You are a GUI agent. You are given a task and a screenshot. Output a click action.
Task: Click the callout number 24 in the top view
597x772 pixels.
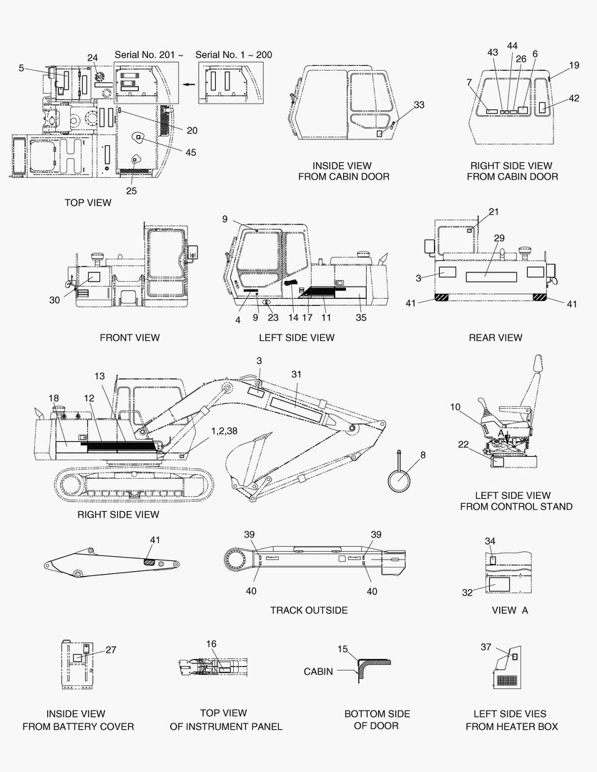93,58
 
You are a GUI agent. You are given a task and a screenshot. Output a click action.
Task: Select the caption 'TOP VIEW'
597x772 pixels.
88,202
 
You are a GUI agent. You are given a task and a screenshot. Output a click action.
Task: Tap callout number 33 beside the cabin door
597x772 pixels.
419,105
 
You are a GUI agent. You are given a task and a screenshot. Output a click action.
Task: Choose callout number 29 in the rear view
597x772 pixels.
499,237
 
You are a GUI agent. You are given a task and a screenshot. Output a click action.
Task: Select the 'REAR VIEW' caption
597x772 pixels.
495,337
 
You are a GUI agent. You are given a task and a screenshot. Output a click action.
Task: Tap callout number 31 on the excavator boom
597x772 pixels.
297,374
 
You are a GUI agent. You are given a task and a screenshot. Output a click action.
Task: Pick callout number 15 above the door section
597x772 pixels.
342,649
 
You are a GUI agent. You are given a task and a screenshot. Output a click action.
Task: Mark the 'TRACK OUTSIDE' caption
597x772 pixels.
309,610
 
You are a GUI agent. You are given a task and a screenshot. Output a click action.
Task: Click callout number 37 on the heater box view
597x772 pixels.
485,647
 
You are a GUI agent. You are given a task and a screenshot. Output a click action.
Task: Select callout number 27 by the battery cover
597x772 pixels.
111,650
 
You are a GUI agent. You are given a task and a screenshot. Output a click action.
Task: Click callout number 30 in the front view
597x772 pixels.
55,300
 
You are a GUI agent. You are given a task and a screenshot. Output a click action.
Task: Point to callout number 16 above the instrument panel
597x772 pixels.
212,644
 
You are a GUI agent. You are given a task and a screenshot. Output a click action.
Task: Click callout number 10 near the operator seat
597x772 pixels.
455,407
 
